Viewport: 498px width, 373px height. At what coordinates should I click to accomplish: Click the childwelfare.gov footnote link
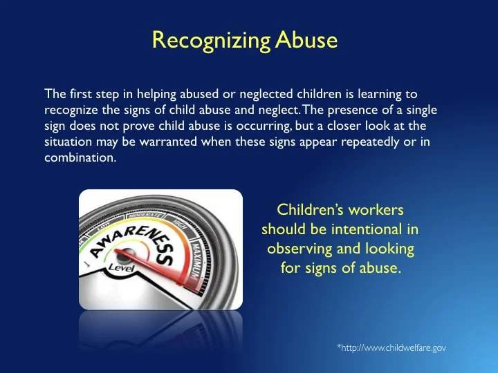pyautogui.click(x=391, y=348)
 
